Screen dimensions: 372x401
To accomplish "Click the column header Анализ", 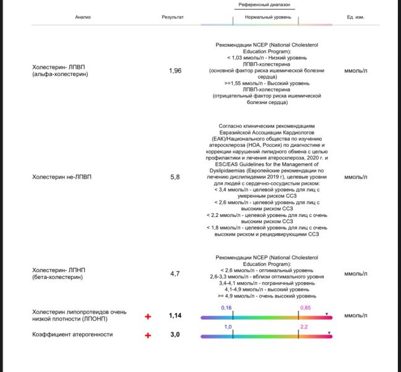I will [x=82, y=17].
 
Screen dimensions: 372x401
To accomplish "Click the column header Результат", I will [x=173, y=17].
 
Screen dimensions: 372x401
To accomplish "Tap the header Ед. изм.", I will [x=356, y=17].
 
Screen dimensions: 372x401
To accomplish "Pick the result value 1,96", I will [x=175, y=71].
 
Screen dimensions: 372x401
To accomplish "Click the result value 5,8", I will [x=175, y=177].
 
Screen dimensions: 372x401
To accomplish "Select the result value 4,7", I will [x=175, y=273].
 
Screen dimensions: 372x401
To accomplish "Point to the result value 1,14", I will [x=175, y=316].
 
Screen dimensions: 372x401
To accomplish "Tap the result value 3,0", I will [x=175, y=335].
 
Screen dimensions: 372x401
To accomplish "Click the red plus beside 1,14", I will [x=148, y=316].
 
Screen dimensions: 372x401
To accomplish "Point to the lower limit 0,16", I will [x=226, y=308].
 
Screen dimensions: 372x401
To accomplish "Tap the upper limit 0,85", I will [x=305, y=308].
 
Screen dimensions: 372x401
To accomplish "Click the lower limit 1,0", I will [x=228, y=327].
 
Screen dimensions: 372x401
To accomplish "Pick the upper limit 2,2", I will [x=304, y=327].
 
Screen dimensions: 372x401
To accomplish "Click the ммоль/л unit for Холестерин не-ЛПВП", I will [x=356, y=177].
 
